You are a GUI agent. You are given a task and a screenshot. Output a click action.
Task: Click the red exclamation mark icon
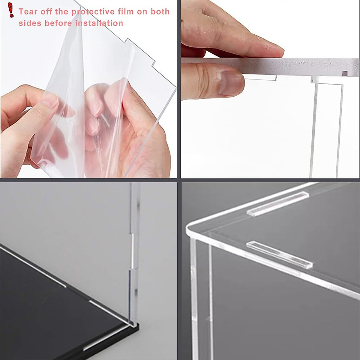[x=11, y=10]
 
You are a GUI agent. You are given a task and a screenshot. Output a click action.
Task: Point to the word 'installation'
[x=99, y=23]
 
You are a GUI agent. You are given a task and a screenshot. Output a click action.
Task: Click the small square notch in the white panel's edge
[x=345, y=73]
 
